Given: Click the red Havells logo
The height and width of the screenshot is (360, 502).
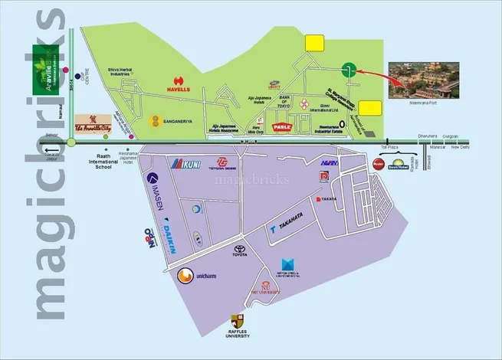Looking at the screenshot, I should click(180, 79).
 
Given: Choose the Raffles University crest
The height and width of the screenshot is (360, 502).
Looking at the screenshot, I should click(238, 322).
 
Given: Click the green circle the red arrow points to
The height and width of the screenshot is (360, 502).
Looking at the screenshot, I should click(349, 69).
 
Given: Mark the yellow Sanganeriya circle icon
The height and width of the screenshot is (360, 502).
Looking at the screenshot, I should click(156, 120).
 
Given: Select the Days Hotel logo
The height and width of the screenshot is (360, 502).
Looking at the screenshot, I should click(399, 164).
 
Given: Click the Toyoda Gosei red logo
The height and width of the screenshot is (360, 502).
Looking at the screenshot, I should click(224, 163).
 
